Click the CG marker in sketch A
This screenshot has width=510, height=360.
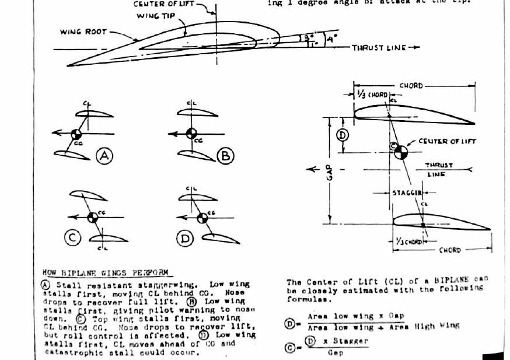coord(76,134)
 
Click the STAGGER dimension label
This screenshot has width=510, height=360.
coord(406,191)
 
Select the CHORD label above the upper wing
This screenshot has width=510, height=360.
coord(411,86)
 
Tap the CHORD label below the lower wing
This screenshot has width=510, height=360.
coord(450,250)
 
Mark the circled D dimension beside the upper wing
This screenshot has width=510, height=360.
coord(343,135)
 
